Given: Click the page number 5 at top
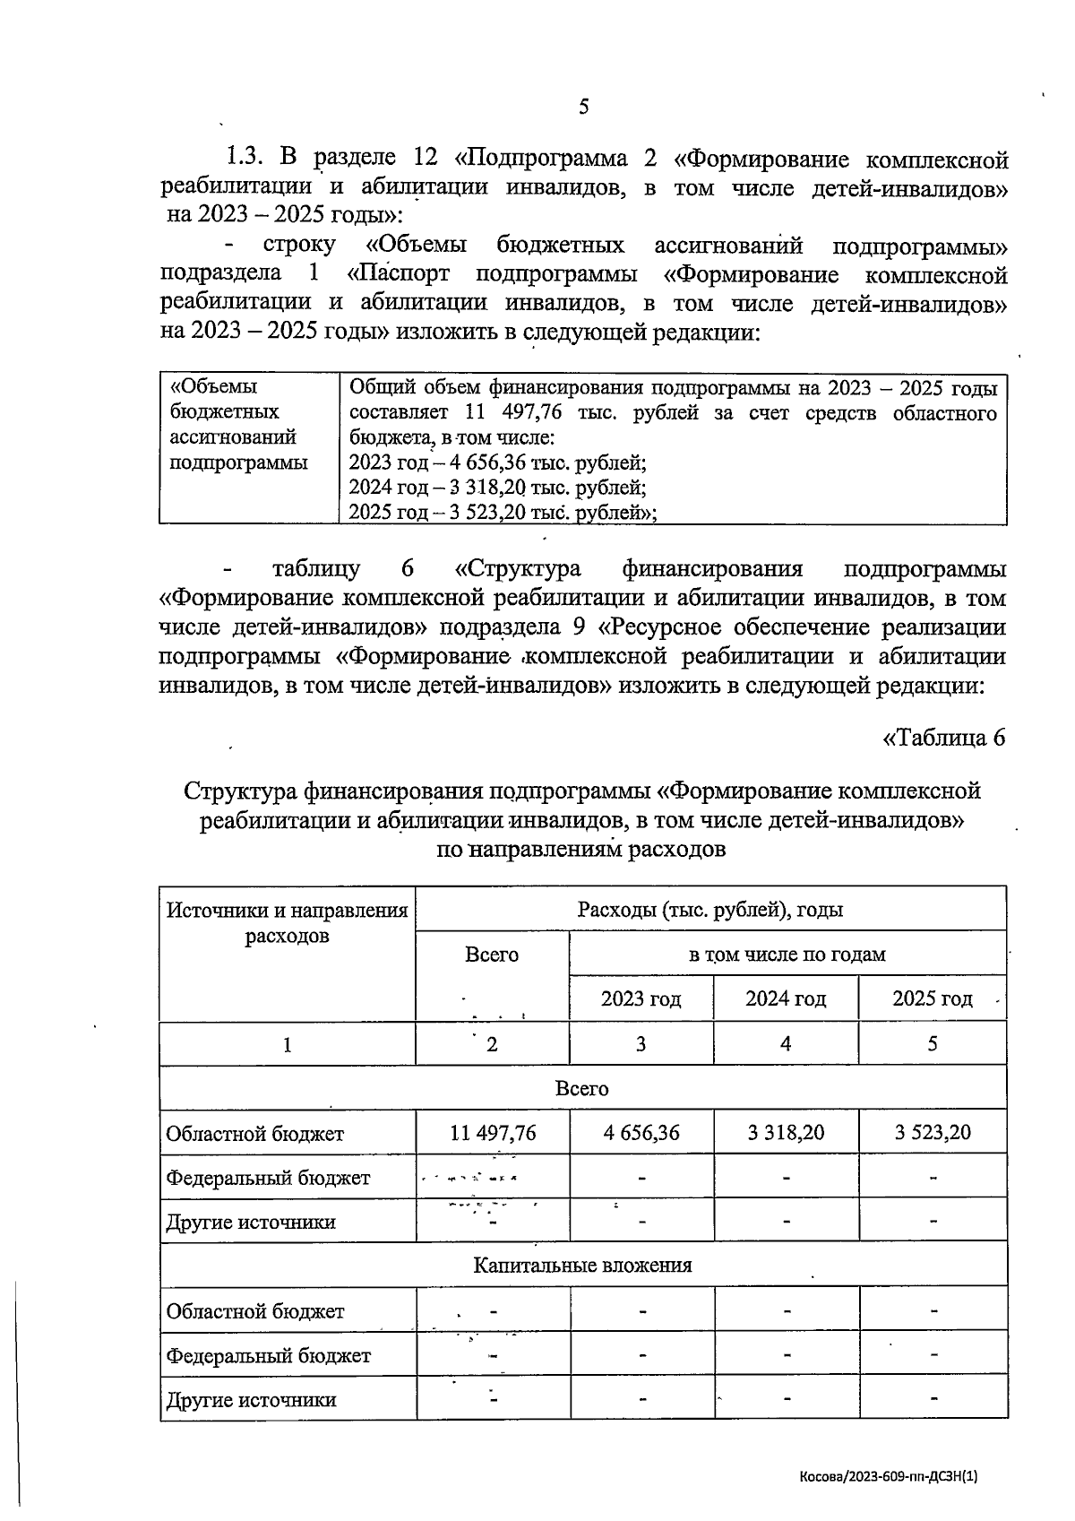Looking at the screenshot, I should tap(583, 108).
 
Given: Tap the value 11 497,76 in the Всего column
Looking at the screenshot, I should tap(493, 1132).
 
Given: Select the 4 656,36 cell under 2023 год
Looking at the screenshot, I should tap(641, 1132).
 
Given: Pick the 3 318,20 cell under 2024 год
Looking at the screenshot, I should tap(786, 1132).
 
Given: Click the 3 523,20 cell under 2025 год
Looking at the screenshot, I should tap(932, 1132).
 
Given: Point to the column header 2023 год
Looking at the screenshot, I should tap(641, 998).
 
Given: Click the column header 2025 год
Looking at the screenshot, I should tap(932, 998).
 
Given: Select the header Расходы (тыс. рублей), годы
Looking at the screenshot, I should tap(710, 910).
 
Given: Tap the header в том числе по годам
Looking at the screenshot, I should tap(787, 954).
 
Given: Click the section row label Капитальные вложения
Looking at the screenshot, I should tap(582, 1265).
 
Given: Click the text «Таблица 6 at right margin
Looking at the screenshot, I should tap(944, 737).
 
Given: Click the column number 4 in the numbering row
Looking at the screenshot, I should tap(786, 1043).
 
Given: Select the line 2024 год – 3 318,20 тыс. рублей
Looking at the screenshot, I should tap(497, 488).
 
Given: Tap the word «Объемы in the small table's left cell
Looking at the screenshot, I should tap(214, 386).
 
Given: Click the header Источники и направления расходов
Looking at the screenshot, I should tap(287, 922).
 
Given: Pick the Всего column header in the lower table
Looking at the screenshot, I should tap(492, 955).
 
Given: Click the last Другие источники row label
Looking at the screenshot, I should tap(251, 1400).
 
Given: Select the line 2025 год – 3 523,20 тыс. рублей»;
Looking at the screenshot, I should tap(503, 513).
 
